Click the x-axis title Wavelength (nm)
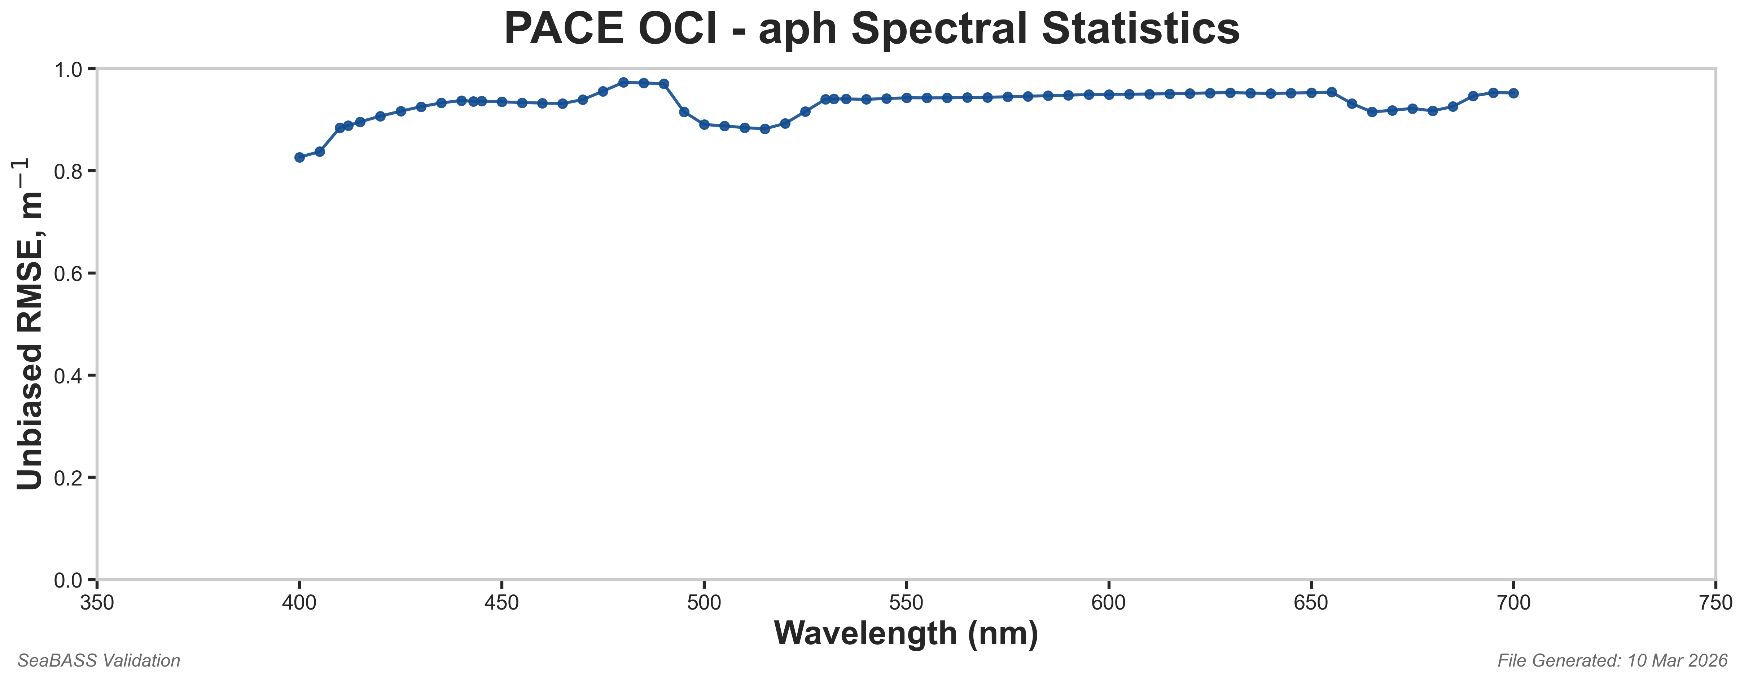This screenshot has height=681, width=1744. [906, 634]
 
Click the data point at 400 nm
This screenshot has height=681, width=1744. [299, 157]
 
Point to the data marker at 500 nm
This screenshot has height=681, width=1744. [704, 124]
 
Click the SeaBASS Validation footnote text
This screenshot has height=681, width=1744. [99, 661]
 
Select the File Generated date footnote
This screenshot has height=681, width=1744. [1612, 661]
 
